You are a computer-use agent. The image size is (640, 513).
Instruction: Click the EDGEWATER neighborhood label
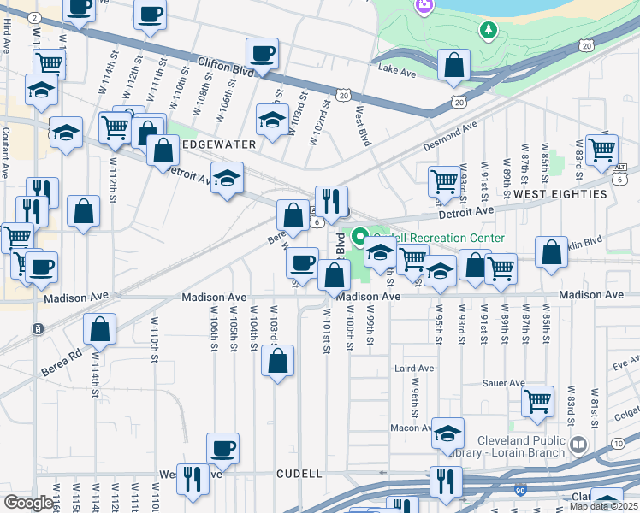pos(217,144)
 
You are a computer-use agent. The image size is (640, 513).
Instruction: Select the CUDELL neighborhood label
pos(299,473)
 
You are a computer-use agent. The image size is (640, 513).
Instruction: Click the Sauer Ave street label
pos(503,383)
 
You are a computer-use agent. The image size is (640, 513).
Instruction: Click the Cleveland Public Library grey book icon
pos(578,445)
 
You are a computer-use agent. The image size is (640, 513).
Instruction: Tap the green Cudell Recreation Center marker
pos(360,237)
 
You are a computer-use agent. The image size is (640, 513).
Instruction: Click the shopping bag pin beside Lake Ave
pos(453,65)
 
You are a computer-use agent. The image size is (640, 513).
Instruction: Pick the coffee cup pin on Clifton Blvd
pos(262,54)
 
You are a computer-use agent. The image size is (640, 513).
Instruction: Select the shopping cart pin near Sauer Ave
pos(537,400)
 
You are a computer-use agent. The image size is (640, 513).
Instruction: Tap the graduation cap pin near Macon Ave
pos(447,433)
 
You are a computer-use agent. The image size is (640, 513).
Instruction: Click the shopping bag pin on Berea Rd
pos(100,329)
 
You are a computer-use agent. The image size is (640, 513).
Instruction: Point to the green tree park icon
pos(488,30)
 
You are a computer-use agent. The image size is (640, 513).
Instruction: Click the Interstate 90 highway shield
pos(520,491)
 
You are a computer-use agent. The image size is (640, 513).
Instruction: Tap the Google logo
pos(28,503)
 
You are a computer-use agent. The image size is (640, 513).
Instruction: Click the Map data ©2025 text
pos(603,506)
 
